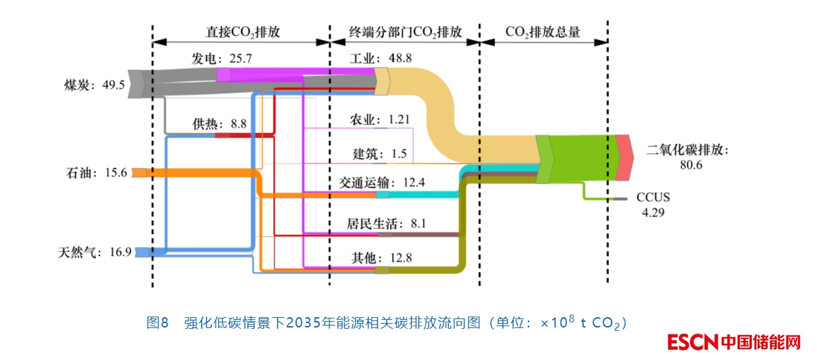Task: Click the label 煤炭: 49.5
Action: tap(94, 85)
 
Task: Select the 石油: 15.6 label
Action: tap(96, 172)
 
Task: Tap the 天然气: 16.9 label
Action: tap(94, 252)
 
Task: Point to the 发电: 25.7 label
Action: tap(222, 59)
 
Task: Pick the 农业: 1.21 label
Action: tap(380, 119)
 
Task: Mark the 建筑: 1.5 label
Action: tap(380, 153)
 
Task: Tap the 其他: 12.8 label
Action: tap(382, 258)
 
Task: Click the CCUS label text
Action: tap(653, 197)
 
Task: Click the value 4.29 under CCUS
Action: tap(653, 213)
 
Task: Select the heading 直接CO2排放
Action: tap(242, 32)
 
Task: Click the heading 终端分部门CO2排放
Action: tap(405, 32)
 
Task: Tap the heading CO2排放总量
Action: tap(543, 32)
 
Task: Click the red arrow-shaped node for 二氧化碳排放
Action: tap(625, 158)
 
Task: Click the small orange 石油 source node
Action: tap(139, 172)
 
